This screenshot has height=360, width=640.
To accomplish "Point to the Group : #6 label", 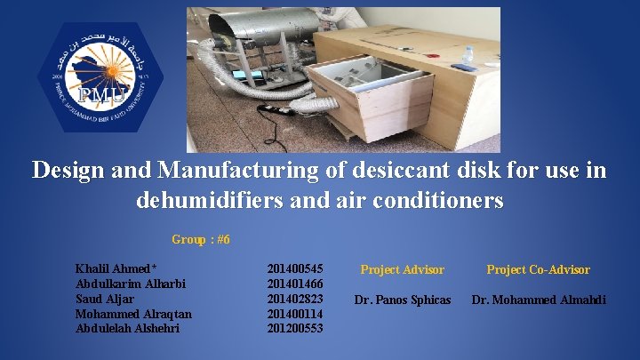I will coord(201,239).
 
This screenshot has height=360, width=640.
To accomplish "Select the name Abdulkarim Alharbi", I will coord(132,284).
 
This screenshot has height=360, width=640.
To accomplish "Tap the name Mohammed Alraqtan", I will coord(133,314).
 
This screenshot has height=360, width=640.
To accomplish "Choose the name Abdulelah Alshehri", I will coord(127,328).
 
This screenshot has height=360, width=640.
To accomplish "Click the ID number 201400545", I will coord(295,268).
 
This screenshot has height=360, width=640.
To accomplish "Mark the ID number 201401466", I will coord(295,284).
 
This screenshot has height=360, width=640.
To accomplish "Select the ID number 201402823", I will coord(295,299).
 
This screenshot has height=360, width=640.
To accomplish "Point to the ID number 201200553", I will coord(295,328).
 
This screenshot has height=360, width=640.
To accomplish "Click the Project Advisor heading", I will coord(402,269).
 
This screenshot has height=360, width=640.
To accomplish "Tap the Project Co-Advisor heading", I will coord(538,269).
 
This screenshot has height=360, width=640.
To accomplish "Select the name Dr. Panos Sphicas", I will coord(403,300).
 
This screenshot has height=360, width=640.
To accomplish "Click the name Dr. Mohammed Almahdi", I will coord(539,300).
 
